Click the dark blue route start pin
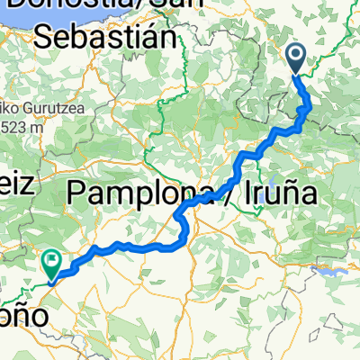click(298, 61)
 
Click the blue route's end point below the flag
click(50, 279)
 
